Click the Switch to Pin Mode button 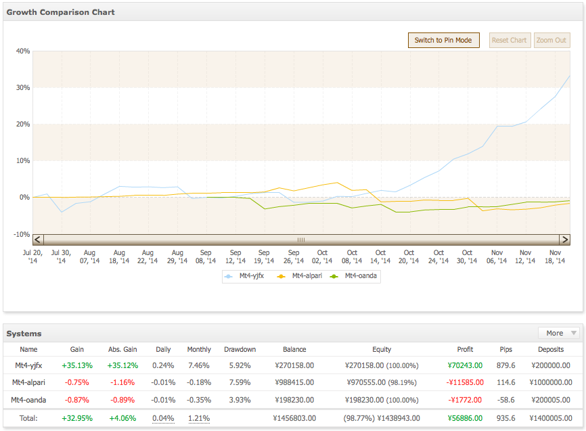444,40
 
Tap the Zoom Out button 551,40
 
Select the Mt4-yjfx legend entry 244,276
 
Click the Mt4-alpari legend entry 299,276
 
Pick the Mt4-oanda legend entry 353,276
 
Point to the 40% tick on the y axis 23,51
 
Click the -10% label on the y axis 22,234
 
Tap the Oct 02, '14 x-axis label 322,257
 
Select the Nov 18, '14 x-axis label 555,257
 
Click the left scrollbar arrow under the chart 38,240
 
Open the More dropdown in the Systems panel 559,333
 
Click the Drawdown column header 240,349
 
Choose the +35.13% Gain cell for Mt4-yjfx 77,365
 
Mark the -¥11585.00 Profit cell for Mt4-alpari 465,382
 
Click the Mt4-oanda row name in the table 28,400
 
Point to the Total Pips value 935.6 505,418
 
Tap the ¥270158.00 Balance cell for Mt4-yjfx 294,365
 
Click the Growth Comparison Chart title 60,12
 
